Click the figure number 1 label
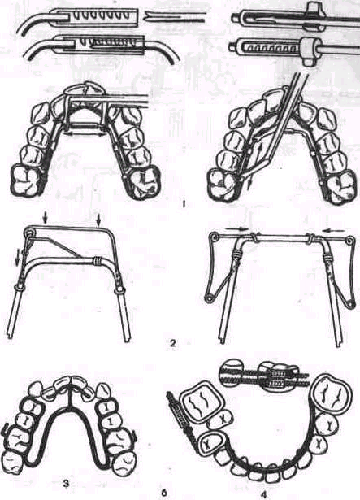coord(184,204)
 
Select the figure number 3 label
coord(67,484)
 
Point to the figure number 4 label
coord(263,494)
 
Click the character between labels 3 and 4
coord(164,493)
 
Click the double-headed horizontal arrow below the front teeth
coord(85,134)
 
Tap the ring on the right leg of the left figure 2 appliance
coord(119,291)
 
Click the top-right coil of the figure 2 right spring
coord(351,239)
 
